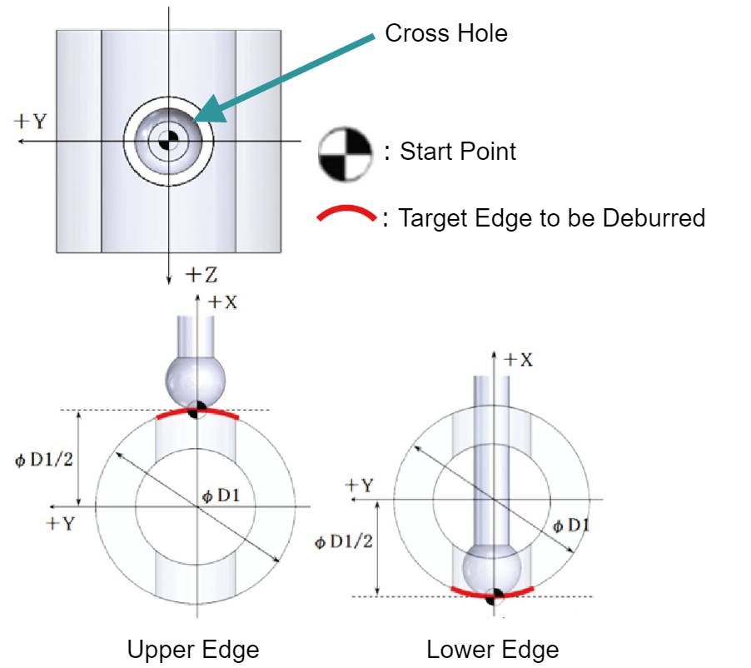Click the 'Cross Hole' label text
[446, 33]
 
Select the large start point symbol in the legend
[345, 154]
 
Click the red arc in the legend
[346, 212]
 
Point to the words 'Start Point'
[458, 152]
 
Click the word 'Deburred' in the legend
[654, 218]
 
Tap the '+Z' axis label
[201, 275]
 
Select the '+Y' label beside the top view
[30, 122]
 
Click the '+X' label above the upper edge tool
[222, 302]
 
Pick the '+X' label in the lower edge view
[518, 359]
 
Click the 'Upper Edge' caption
[193, 651]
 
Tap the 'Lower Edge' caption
[492, 651]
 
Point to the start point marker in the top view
[168, 141]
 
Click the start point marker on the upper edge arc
[196, 410]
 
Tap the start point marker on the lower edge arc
[494, 596]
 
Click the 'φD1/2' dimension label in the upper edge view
[44, 460]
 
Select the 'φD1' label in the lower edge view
[571, 526]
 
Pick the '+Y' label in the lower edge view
[359, 486]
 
